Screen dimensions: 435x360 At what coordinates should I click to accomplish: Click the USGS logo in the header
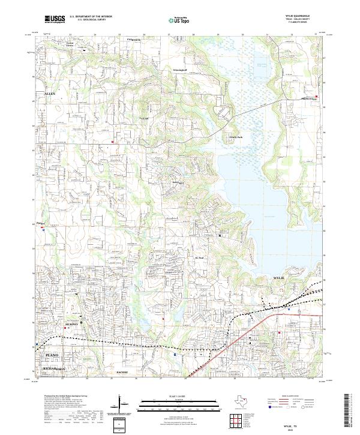55,19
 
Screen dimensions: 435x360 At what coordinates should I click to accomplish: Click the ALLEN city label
49,94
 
